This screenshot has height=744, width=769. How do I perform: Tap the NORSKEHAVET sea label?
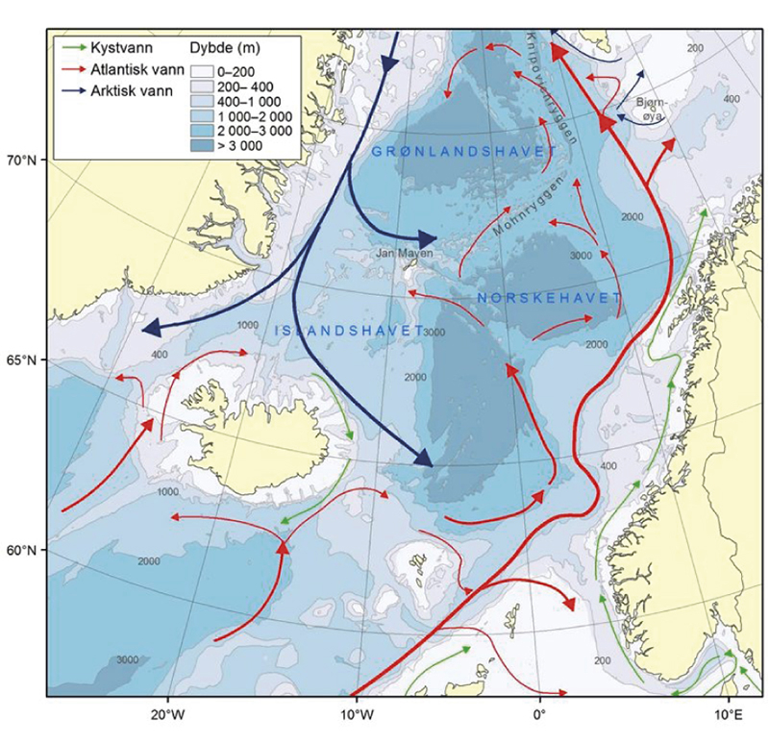(x=549, y=299)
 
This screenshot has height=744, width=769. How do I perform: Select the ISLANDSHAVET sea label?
(x=350, y=330)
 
